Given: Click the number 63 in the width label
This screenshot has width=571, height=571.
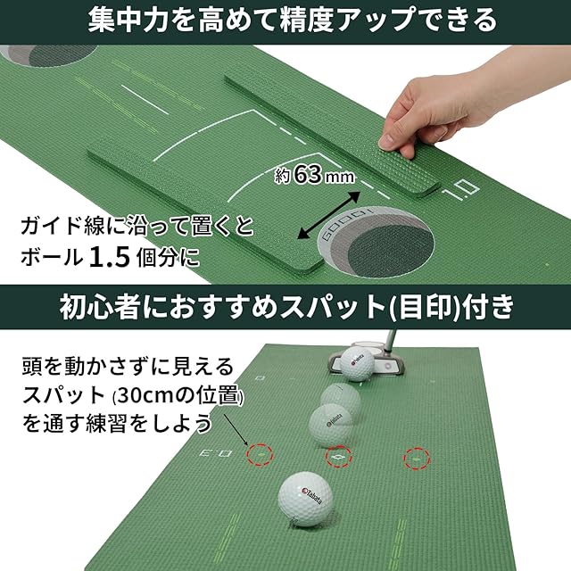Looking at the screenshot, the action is tap(308, 175).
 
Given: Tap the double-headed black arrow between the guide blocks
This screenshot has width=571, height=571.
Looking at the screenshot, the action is tap(329, 215).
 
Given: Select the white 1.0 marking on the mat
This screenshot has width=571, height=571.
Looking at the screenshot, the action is tap(460, 190).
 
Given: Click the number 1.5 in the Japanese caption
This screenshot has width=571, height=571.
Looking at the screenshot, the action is tap(110, 257).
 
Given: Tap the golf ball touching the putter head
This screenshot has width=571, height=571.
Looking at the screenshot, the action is tap(357, 363).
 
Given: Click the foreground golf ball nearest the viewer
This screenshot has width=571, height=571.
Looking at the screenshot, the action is tap(305, 500).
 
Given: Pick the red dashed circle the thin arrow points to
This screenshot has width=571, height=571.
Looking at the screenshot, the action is tap(260, 455).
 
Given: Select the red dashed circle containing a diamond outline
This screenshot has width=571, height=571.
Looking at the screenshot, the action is tap(338, 457).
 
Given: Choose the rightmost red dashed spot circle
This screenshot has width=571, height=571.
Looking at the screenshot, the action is tap(417, 458).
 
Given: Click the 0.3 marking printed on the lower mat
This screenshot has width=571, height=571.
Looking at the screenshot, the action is tap(216, 454).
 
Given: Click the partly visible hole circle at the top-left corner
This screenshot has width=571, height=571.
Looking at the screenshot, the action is tap(49, 55).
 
